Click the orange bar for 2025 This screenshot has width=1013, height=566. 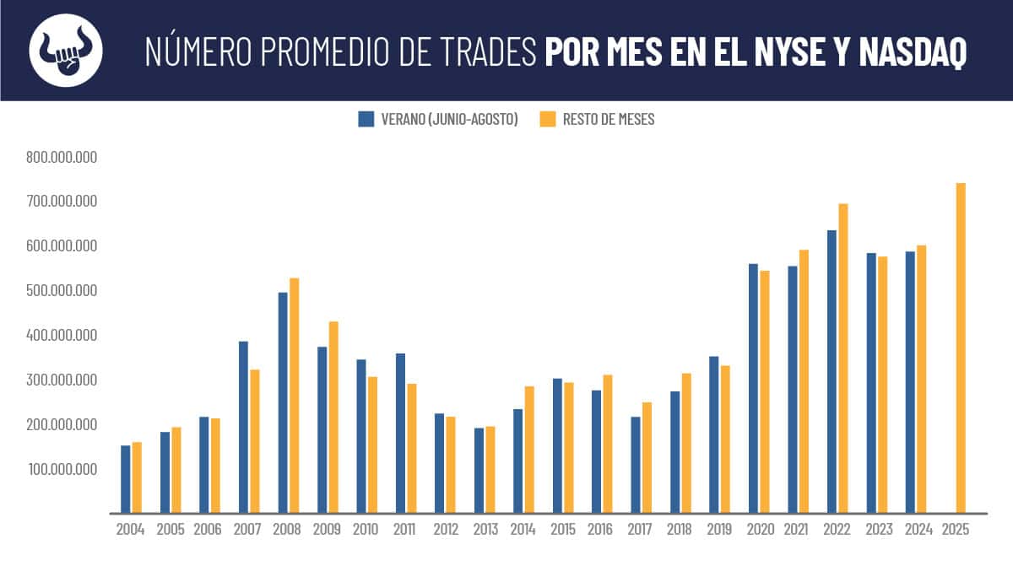click(x=961, y=348)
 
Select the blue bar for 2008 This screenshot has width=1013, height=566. click(x=283, y=402)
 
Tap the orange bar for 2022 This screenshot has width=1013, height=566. click(x=842, y=358)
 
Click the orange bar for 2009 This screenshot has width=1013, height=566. click(x=333, y=417)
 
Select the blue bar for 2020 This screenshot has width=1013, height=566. click(x=753, y=388)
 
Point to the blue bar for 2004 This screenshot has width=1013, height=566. click(x=126, y=479)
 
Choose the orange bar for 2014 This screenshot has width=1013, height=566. click(x=529, y=450)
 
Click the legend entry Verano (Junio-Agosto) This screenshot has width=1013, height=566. click(x=438, y=119)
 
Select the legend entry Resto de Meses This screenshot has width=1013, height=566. click(x=597, y=119)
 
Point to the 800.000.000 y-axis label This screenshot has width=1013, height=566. click(x=62, y=157)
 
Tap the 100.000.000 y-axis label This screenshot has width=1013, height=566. click(x=62, y=469)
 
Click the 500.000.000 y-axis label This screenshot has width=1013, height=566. click(x=62, y=291)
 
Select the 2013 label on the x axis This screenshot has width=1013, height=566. click(x=485, y=530)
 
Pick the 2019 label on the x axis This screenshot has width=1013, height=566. click(x=719, y=530)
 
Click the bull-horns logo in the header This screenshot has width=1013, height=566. click(x=66, y=50)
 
